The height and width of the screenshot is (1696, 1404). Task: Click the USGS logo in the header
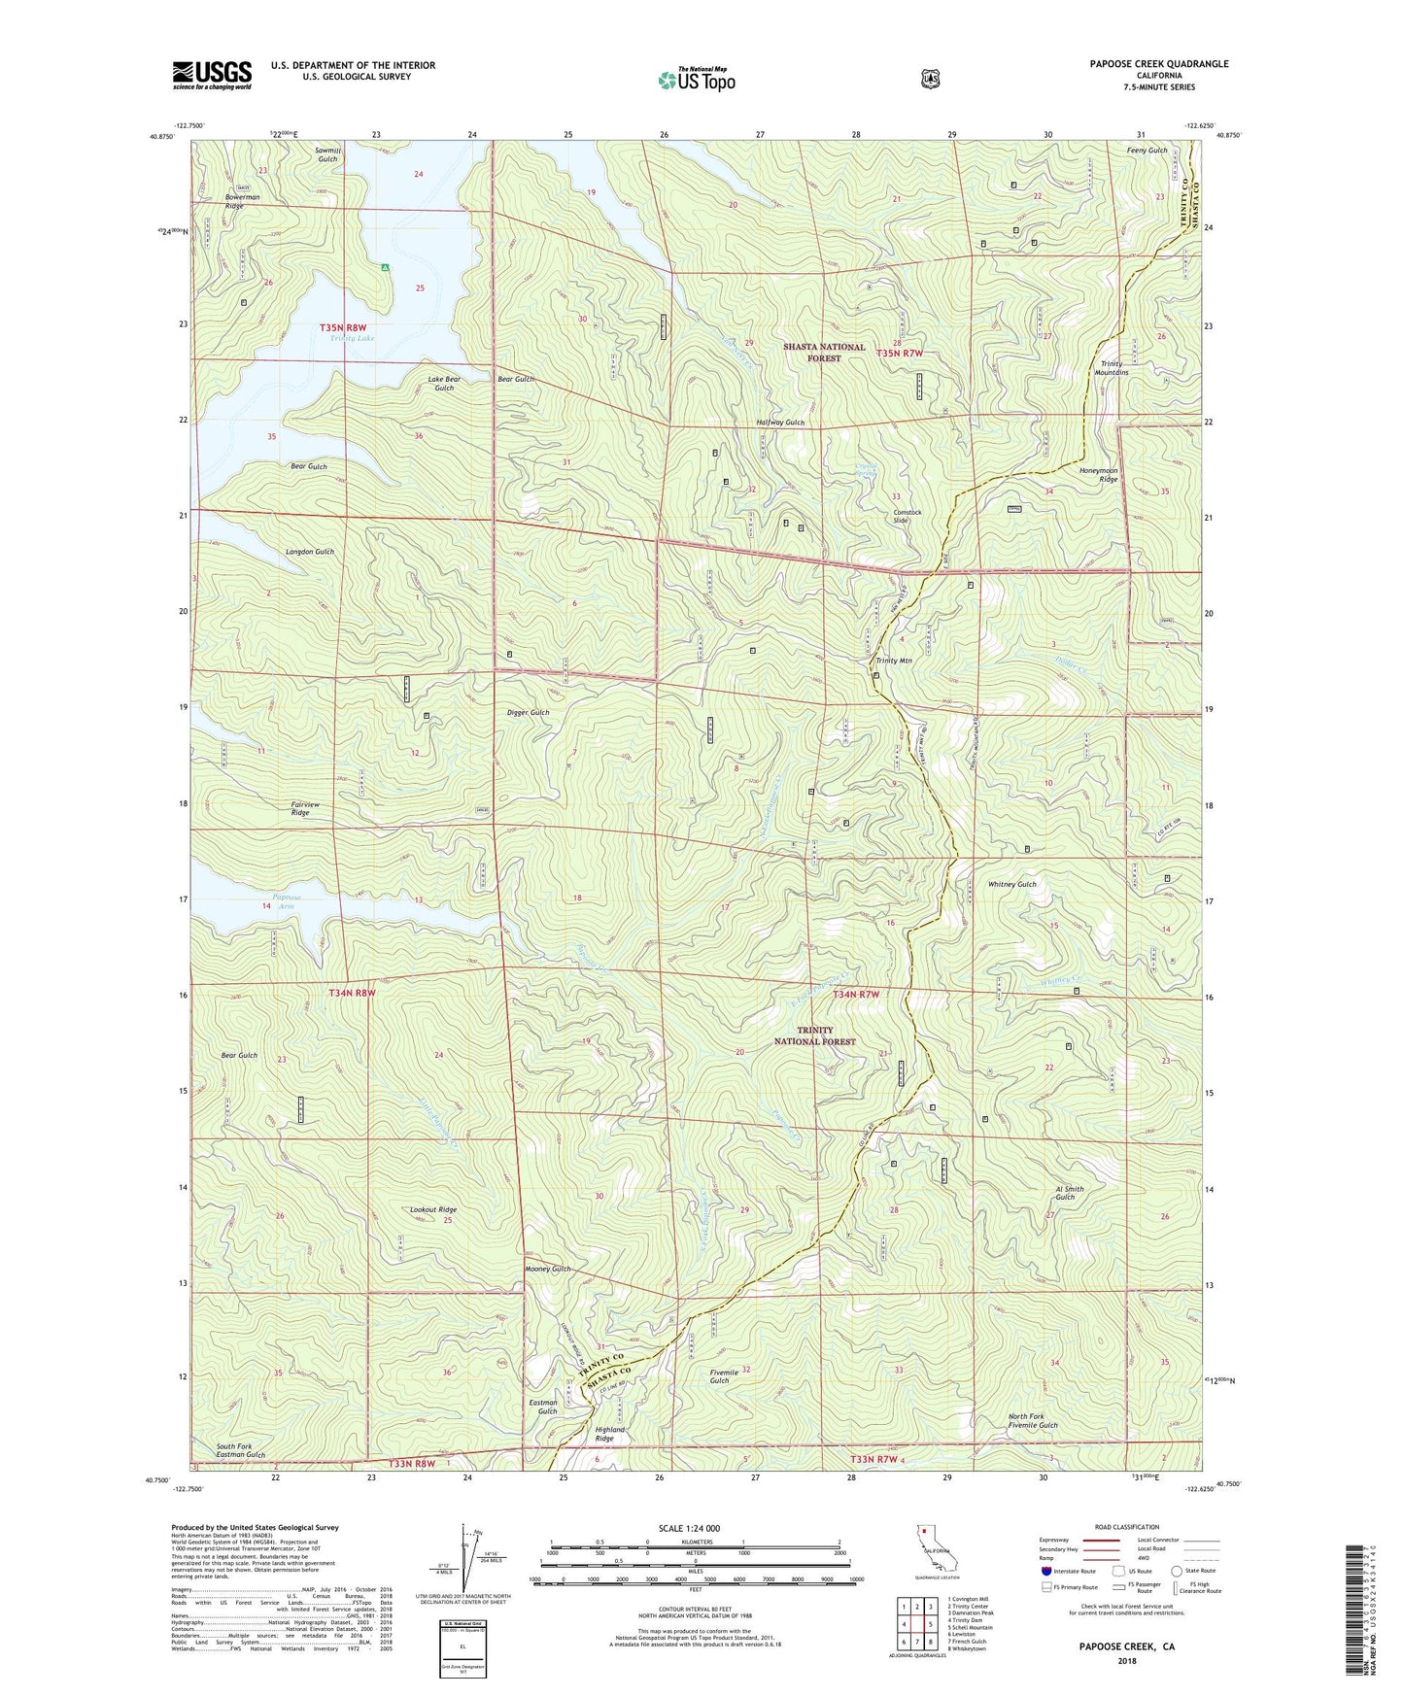212,75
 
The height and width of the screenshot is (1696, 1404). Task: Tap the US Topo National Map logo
696,80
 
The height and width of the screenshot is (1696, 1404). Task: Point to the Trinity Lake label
351,338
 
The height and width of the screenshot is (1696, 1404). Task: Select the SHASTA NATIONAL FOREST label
824,353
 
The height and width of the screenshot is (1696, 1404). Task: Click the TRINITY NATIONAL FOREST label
814,1035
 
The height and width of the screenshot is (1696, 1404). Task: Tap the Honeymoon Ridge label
1098,475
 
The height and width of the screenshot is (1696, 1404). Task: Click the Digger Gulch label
528,713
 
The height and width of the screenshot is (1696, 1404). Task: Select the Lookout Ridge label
432,1209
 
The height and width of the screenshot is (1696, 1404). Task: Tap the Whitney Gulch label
1012,885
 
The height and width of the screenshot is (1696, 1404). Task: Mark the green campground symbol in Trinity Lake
386,267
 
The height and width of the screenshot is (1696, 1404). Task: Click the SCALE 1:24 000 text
689,1528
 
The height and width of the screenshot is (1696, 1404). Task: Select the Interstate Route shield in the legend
1045,1571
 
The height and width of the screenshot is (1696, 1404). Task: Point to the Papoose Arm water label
283,901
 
